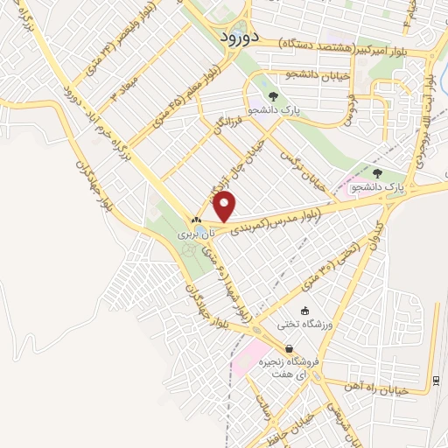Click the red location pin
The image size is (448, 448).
coord(225,206)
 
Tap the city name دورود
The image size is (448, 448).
coord(231,39)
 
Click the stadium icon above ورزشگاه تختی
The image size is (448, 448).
coord(304,311)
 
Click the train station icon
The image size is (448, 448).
coord(435,379)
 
